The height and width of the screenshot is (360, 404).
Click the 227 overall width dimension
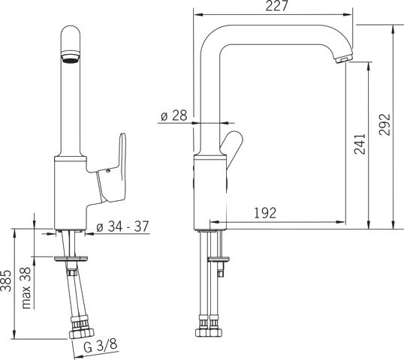(273, 7)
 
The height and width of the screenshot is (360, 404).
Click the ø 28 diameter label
(173, 115)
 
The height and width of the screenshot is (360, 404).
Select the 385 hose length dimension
(7, 282)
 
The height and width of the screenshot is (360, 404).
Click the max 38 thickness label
(26, 288)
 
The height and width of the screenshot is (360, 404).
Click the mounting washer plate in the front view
(74, 259)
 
